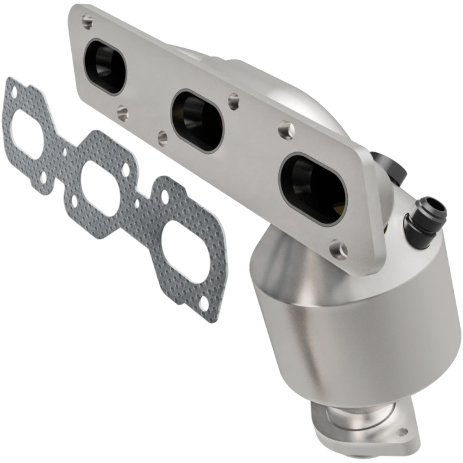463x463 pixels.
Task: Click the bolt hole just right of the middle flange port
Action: (x=233, y=98)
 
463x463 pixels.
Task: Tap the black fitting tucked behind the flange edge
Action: (x=386, y=165)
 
